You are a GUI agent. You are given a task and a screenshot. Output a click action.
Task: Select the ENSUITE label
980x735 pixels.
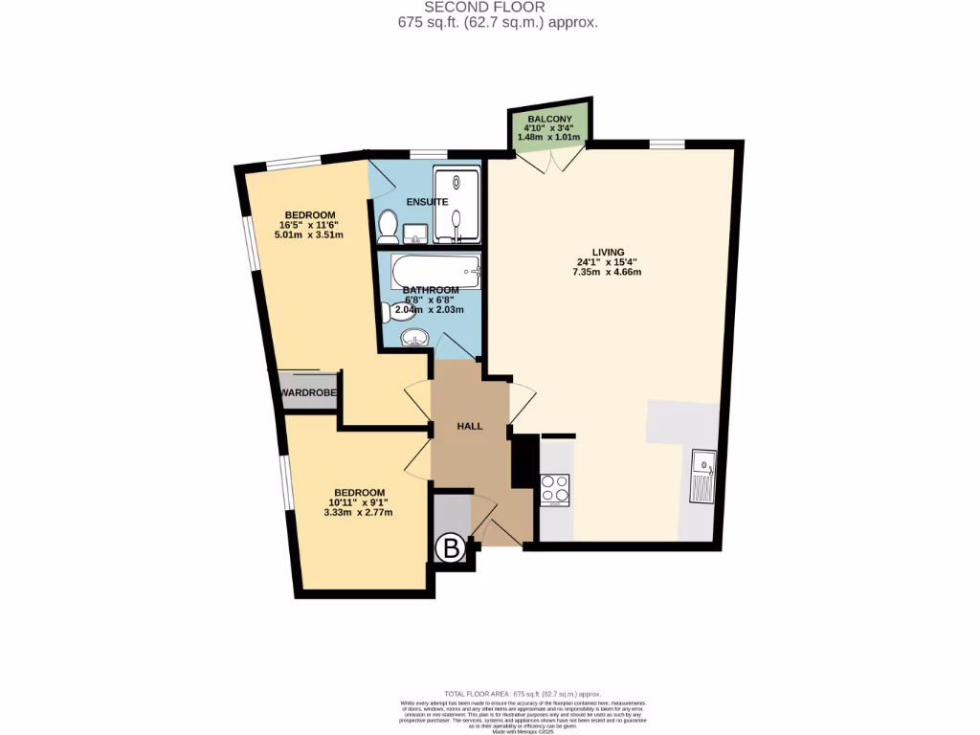(426, 202)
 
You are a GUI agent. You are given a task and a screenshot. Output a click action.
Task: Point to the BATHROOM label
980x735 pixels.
(430, 290)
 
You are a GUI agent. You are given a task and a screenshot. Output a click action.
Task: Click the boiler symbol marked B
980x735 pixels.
(452, 549)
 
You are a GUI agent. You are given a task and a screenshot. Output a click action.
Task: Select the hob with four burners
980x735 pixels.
(556, 490)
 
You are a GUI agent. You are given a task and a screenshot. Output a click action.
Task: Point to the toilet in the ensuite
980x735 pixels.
(388, 226)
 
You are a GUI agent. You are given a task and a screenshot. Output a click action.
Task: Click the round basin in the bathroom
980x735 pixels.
(414, 338)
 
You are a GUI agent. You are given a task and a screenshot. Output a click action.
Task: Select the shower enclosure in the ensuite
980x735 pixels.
(457, 203)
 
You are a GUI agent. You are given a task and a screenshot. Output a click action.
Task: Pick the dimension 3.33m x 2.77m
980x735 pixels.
(359, 513)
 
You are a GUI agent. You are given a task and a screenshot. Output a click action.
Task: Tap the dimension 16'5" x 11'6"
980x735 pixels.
(309, 225)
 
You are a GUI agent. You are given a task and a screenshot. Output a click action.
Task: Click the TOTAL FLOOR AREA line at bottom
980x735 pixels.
(522, 692)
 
